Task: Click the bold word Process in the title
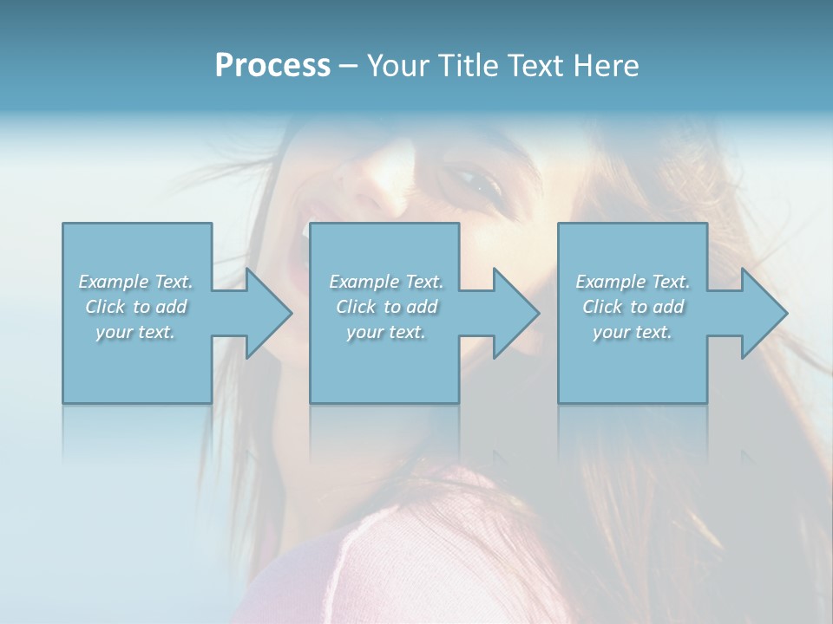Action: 272,65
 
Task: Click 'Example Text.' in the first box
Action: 135,282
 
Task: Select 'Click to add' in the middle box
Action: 386,307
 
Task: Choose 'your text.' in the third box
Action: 633,332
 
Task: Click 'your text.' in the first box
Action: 135,332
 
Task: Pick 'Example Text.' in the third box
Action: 633,282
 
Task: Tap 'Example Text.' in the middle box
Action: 386,282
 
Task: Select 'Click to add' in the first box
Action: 135,307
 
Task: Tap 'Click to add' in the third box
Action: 633,307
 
